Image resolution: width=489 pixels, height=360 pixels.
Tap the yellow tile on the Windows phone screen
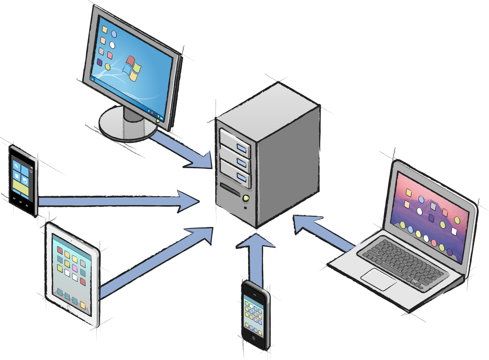[x=21, y=186]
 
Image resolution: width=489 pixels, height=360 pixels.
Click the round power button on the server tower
[x=245, y=198]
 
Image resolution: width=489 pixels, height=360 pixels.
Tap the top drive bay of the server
[x=235, y=142]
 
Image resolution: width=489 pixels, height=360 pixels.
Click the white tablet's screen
[x=71, y=271]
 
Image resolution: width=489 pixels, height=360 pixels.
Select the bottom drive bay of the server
[x=235, y=174]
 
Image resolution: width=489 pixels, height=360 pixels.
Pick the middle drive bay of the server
[x=235, y=158]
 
